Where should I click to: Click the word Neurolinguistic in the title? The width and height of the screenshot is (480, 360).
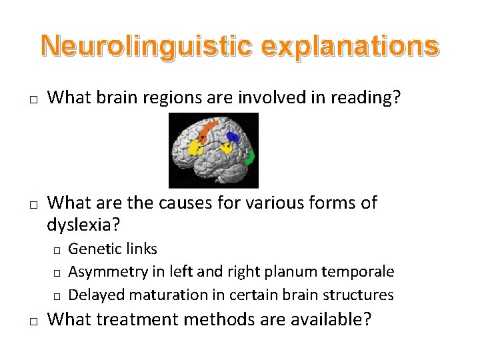146,46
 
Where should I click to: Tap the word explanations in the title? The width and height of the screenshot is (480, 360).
350,46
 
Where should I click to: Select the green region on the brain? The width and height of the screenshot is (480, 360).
251,158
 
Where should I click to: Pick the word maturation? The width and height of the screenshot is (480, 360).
161,295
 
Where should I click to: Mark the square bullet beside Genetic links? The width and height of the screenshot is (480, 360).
57,250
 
